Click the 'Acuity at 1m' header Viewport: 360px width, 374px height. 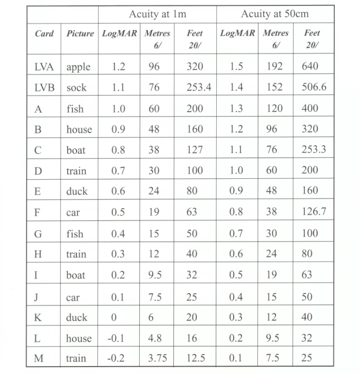[158, 14]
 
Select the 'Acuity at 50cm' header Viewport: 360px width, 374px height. [275, 14]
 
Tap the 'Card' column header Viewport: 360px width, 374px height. [44, 34]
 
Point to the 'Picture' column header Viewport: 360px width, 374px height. [80, 34]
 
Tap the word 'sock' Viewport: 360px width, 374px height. [77, 88]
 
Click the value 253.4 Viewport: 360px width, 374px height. [199, 87]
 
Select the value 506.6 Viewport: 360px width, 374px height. [314, 87]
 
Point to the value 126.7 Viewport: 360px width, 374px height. [314, 212]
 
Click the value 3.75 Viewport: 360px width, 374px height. [158, 359]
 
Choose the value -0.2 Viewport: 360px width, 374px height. [116, 359]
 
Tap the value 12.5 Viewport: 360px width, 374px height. [196, 359]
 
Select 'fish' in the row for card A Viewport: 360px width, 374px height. [75, 109]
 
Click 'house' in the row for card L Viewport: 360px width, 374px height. [79, 338]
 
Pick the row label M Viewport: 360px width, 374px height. [39, 359]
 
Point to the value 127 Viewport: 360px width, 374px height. [195, 150]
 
